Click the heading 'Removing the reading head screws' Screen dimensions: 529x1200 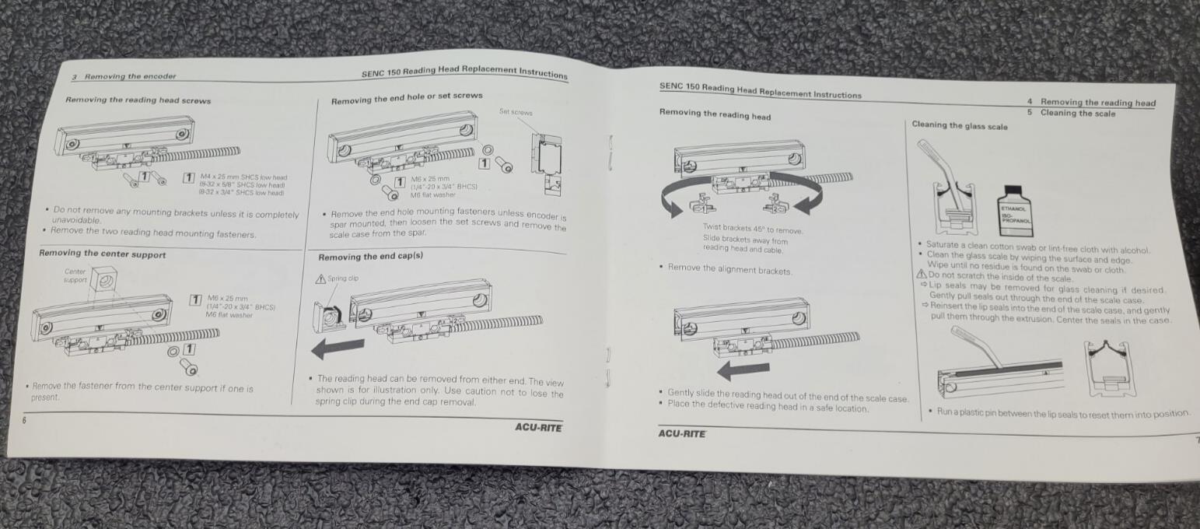point(138,100)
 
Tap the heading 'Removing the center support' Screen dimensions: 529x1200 point(102,254)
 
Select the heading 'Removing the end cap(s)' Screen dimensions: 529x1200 point(370,256)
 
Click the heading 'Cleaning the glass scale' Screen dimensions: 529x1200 point(959,126)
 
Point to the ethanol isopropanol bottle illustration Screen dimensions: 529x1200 point(1016,208)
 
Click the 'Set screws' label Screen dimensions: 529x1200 point(516,113)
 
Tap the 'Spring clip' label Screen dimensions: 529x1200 point(342,278)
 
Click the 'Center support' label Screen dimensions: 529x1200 point(75,275)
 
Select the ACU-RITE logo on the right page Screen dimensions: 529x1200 point(682,433)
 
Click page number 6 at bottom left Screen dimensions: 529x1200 point(24,419)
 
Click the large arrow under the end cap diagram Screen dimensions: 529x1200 point(337,347)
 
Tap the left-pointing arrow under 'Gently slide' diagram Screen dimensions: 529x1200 point(743,370)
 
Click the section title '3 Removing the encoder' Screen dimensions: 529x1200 point(124,76)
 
